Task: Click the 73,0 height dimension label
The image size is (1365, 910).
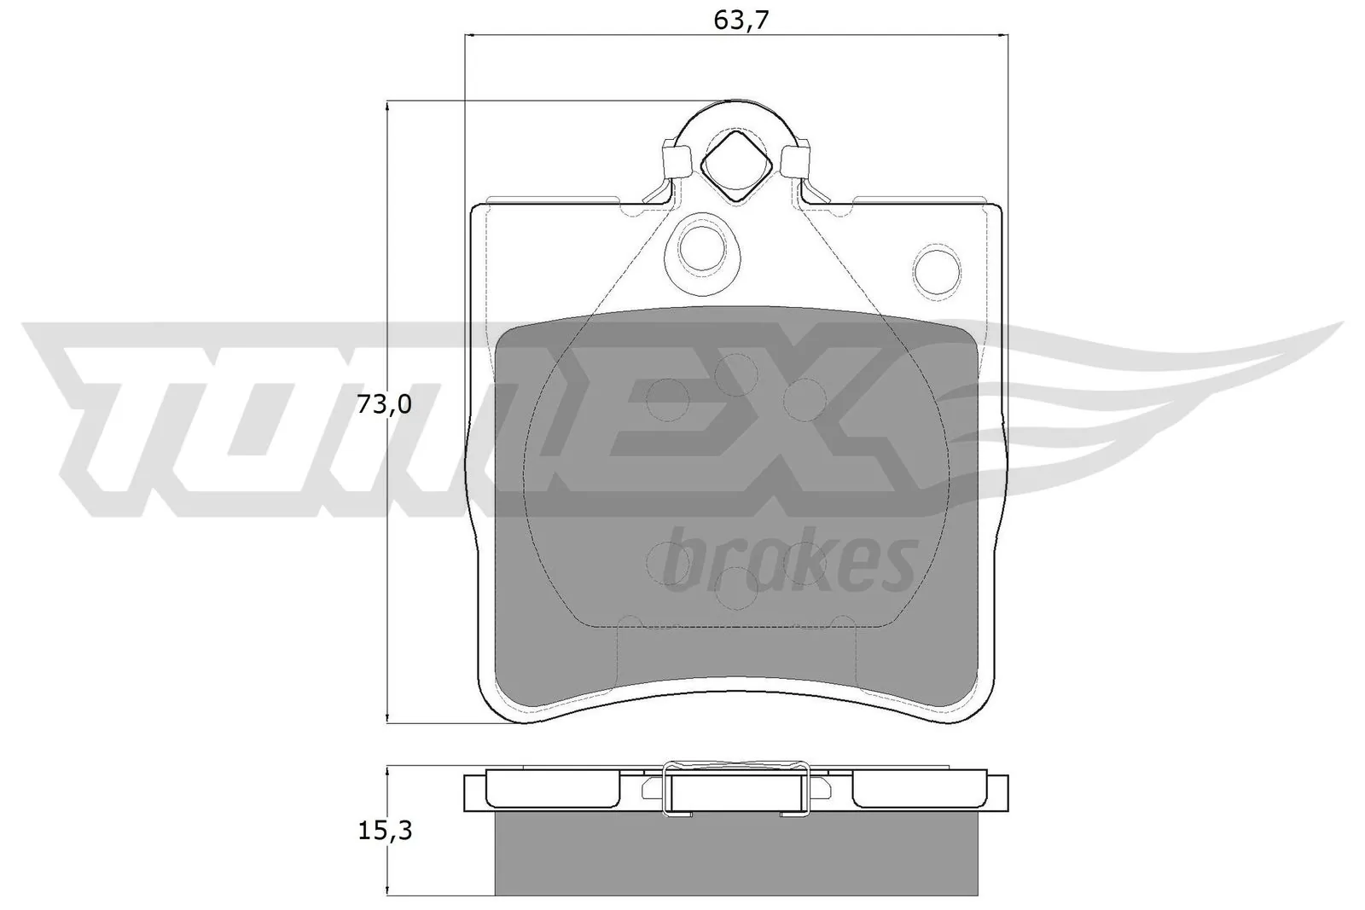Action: pyautogui.click(x=384, y=405)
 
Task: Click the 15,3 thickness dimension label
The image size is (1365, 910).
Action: pyautogui.click(x=384, y=831)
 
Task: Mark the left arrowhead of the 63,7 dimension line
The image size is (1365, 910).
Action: pyautogui.click(x=468, y=35)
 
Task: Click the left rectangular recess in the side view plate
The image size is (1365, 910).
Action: pyautogui.click(x=553, y=790)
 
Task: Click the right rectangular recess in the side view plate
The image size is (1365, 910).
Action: pyautogui.click(x=919, y=790)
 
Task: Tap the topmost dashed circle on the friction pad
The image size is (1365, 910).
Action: pyautogui.click(x=735, y=374)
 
